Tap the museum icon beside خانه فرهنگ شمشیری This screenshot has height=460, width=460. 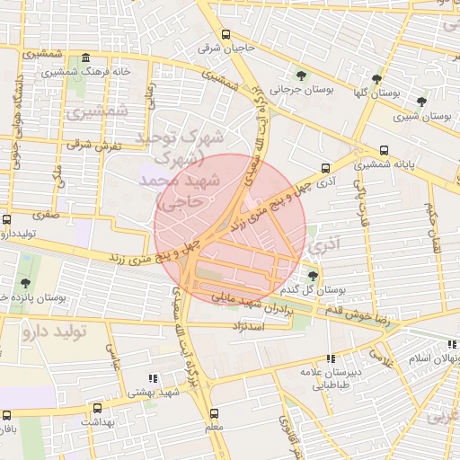(x=85, y=57)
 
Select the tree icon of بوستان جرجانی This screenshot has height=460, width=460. (x=300, y=74)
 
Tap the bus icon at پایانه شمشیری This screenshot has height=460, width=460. (x=385, y=150)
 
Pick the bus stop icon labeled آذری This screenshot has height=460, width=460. (x=324, y=167)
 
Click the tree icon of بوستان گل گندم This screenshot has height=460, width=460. (x=313, y=275)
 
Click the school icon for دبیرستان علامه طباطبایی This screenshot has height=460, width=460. (x=331, y=357)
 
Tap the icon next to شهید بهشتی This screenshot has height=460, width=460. (x=152, y=378)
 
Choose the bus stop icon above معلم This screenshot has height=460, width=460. (x=214, y=414)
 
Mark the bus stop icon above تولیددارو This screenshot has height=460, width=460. (x=7, y=219)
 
